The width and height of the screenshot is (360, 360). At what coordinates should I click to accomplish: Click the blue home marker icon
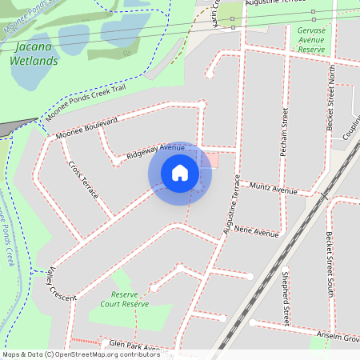click(180, 172)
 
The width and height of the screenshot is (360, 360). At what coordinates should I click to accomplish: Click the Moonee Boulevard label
click(87, 128)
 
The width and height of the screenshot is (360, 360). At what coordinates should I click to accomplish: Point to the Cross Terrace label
click(83, 181)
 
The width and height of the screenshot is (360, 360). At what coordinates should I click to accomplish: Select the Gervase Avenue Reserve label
click(311, 38)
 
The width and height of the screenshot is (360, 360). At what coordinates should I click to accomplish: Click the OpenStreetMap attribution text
click(80, 354)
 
